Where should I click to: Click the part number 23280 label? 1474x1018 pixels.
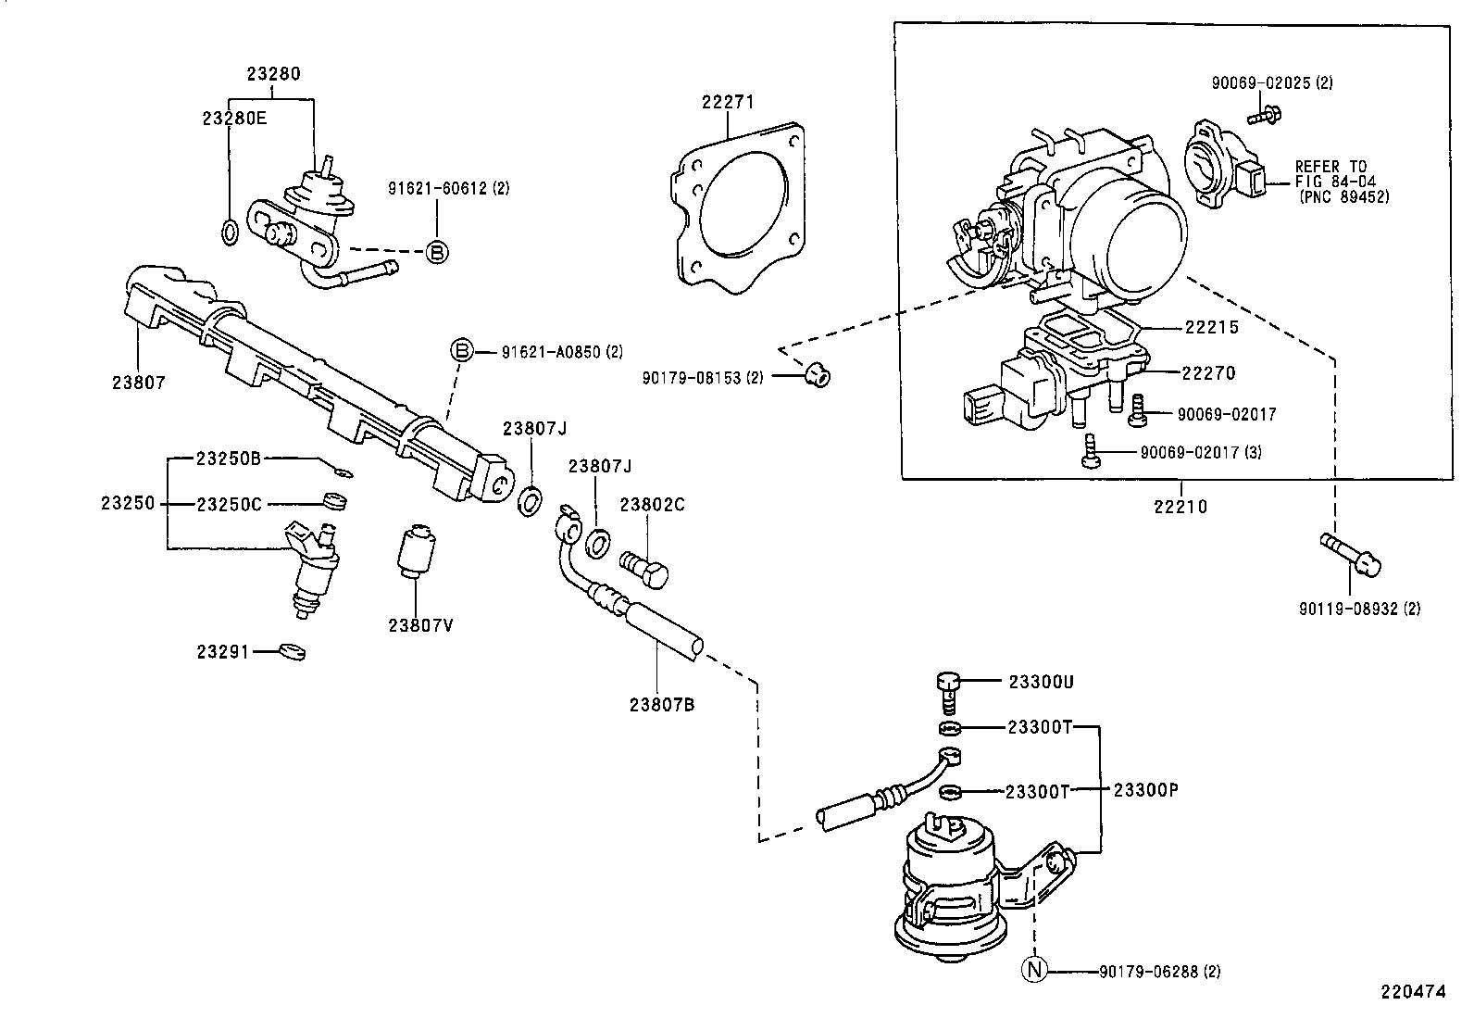tap(273, 73)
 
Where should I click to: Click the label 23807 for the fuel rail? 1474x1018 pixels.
tap(139, 382)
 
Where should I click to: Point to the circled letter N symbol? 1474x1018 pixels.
tap(1033, 971)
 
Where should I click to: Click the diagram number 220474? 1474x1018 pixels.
tap(1413, 991)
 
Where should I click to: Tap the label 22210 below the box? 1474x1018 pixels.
tap(1180, 507)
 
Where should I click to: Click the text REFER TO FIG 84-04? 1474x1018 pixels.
tap(1330, 174)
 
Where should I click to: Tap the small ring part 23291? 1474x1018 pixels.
tap(293, 652)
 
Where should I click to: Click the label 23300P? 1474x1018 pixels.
tap(1145, 790)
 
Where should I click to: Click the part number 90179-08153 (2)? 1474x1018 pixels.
tap(703, 378)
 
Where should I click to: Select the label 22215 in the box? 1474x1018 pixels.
tap(1211, 327)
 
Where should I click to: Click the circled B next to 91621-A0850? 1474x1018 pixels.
tap(461, 351)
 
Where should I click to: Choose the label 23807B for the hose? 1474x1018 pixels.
tap(662, 704)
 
